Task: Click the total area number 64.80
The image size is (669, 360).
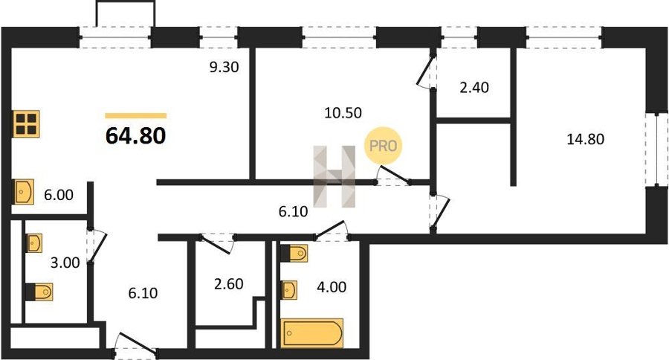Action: [136, 136]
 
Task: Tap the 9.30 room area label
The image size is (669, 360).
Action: [224, 67]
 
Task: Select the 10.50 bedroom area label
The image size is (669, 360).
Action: [343, 113]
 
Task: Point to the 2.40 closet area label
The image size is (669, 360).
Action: [474, 88]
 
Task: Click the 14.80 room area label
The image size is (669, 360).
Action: [586, 139]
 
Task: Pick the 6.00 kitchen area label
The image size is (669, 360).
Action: [59, 195]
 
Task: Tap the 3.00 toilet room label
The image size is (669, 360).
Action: [65, 263]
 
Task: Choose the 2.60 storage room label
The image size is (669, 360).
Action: [229, 283]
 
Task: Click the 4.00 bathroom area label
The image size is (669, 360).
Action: [332, 286]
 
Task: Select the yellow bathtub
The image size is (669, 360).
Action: [312, 332]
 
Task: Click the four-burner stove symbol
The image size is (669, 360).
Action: [26, 124]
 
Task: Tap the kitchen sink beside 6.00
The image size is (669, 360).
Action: [24, 192]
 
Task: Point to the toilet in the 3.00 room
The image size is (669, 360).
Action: [39, 292]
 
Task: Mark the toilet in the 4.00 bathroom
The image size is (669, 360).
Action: [294, 253]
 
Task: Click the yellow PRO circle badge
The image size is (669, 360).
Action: [383, 146]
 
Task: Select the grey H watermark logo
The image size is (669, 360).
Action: [334, 176]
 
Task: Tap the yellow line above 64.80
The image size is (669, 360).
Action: [136, 115]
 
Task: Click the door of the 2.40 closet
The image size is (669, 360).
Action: [427, 72]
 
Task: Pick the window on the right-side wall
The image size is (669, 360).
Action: [656, 149]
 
